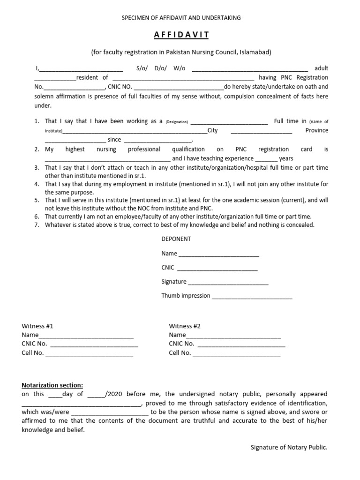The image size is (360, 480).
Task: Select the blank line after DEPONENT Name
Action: (218, 254)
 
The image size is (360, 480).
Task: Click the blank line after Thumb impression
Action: (252, 296)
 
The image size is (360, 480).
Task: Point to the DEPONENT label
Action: (176, 239)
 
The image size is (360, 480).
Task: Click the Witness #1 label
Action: (41, 326)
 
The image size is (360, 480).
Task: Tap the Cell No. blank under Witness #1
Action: (89, 353)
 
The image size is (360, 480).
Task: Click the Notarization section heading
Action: (52, 385)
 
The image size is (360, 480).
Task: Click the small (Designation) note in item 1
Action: (176, 122)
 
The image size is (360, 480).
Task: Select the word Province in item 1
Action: (316, 130)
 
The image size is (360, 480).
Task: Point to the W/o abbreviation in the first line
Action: (180, 68)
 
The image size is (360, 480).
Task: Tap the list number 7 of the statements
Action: (37, 225)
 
